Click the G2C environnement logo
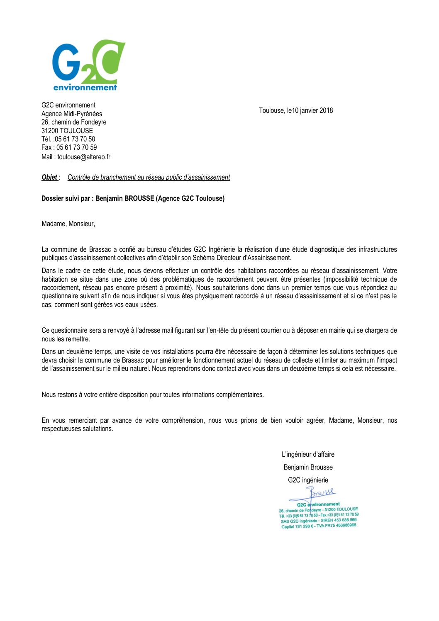click(x=88, y=66)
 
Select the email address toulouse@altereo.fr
click(x=84, y=157)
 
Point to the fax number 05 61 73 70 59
click(x=77, y=147)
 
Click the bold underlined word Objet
click(x=49, y=178)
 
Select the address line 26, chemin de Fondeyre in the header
click(x=74, y=122)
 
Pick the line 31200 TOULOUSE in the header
click(x=67, y=131)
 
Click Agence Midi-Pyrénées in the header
click(x=72, y=114)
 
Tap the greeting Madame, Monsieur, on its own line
click(x=68, y=224)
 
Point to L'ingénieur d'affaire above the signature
click(x=308, y=454)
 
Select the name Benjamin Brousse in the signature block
click(x=308, y=467)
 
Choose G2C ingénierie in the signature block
click(x=308, y=480)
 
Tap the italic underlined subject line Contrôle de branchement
click(x=149, y=178)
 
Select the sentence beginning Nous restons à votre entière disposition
click(x=153, y=395)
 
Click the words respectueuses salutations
click(x=77, y=429)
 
